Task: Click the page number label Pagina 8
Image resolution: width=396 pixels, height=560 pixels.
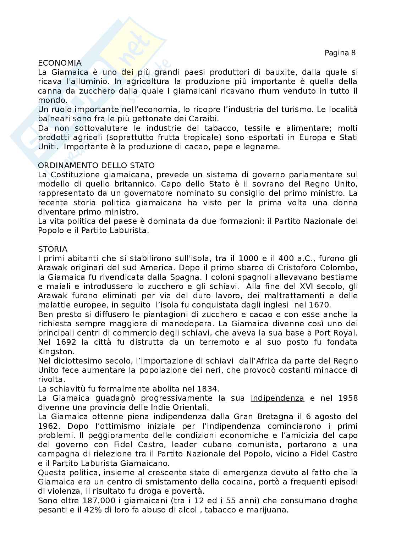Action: click(340, 53)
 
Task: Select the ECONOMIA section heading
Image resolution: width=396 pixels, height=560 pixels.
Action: click(60, 63)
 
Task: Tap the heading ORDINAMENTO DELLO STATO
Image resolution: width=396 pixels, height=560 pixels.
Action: click(96, 165)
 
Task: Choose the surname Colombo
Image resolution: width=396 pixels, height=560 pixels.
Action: click(341, 267)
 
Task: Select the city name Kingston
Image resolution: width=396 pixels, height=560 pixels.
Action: click(51, 351)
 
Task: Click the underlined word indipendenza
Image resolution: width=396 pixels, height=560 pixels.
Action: click(277, 398)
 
